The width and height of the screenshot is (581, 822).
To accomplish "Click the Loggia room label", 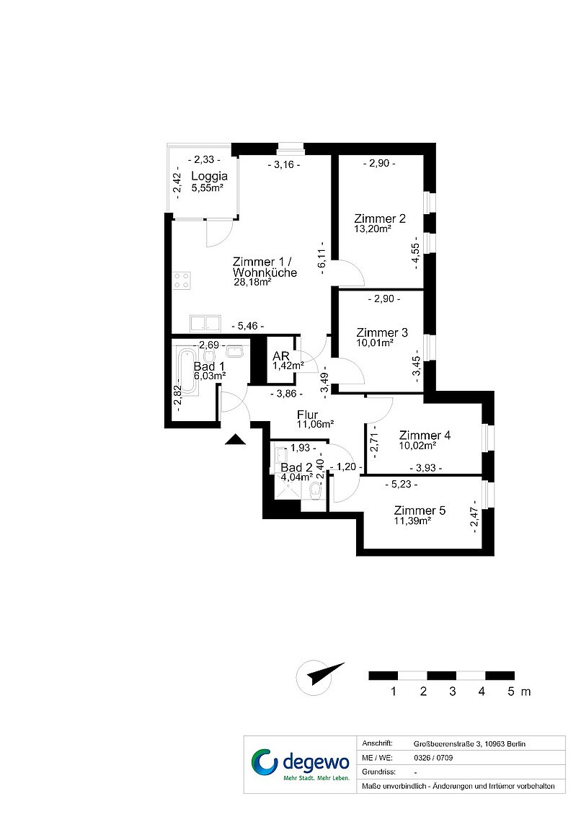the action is [209, 176].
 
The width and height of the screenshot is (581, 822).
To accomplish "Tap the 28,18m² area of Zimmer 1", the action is [252, 282].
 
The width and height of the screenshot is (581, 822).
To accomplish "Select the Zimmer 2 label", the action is [380, 218].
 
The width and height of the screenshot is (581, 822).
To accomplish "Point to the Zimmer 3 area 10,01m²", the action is [375, 342].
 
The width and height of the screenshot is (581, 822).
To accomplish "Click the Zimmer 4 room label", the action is [425, 435].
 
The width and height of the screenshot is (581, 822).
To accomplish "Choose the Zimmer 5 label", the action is [420, 511].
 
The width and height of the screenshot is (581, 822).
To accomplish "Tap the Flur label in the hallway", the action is [307, 415].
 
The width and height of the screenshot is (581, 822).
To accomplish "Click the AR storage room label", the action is [281, 356].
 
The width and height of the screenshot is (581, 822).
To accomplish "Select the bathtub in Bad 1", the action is [187, 372].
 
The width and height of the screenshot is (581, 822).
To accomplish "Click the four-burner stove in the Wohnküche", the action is [182, 280].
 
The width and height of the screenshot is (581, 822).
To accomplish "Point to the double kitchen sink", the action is [205, 323].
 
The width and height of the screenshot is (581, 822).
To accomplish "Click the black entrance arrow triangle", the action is [235, 439].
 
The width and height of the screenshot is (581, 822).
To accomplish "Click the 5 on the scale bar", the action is [511, 691].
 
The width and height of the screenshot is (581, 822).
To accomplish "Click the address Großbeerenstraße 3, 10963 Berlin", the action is [469, 743].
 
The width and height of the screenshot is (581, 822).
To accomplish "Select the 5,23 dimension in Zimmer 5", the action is [402, 485].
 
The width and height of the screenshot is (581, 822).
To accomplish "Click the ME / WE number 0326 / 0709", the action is [433, 758].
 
